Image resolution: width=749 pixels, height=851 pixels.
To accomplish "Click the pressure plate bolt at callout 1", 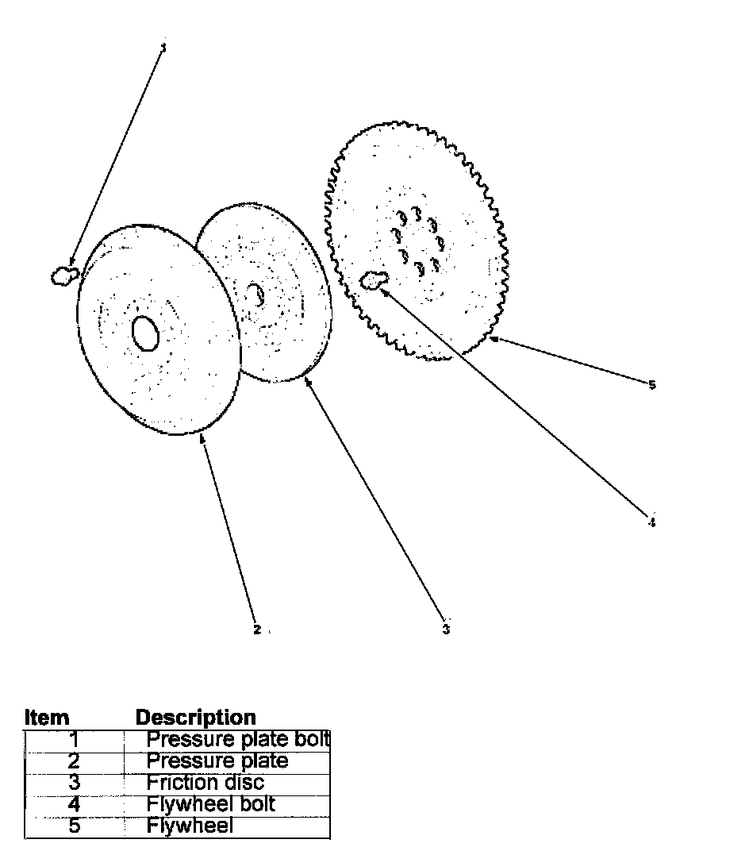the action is pyautogui.click(x=62, y=275).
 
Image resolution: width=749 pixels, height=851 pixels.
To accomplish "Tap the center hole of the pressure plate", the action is pyautogui.click(x=145, y=333).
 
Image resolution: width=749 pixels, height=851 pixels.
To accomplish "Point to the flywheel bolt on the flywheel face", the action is pyautogui.click(x=373, y=279).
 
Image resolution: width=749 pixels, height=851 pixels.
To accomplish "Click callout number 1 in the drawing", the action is pyautogui.click(x=163, y=48).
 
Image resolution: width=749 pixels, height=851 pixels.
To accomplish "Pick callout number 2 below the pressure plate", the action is pyautogui.click(x=256, y=630).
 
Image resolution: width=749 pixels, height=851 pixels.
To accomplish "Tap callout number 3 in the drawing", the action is pyautogui.click(x=446, y=630).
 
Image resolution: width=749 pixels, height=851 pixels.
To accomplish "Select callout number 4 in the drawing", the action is pyautogui.click(x=651, y=522).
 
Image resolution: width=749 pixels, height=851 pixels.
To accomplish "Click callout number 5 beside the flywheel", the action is pyautogui.click(x=652, y=385).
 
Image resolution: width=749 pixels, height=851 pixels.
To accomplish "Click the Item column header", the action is pyautogui.click(x=47, y=718).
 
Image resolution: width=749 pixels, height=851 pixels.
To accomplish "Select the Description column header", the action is pyautogui.click(x=196, y=718).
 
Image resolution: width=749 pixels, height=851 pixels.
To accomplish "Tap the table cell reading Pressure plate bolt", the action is pyautogui.click(x=237, y=740).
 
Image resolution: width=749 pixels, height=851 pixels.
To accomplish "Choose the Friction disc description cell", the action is pyautogui.click(x=205, y=783).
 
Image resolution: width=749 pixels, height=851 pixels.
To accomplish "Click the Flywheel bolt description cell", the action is pyautogui.click(x=210, y=804).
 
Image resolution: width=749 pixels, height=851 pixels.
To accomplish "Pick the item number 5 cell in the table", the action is pyautogui.click(x=75, y=826).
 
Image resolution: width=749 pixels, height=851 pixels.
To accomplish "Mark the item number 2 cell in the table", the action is pyautogui.click(x=75, y=761).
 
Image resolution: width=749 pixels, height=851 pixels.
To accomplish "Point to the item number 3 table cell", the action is pyautogui.click(x=75, y=783).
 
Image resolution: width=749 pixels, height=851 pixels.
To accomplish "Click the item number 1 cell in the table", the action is pyautogui.click(x=75, y=740).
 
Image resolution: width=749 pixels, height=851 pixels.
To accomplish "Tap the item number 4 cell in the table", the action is pyautogui.click(x=75, y=804).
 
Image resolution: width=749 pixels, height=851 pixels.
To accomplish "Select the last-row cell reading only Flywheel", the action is pyautogui.click(x=190, y=826).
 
